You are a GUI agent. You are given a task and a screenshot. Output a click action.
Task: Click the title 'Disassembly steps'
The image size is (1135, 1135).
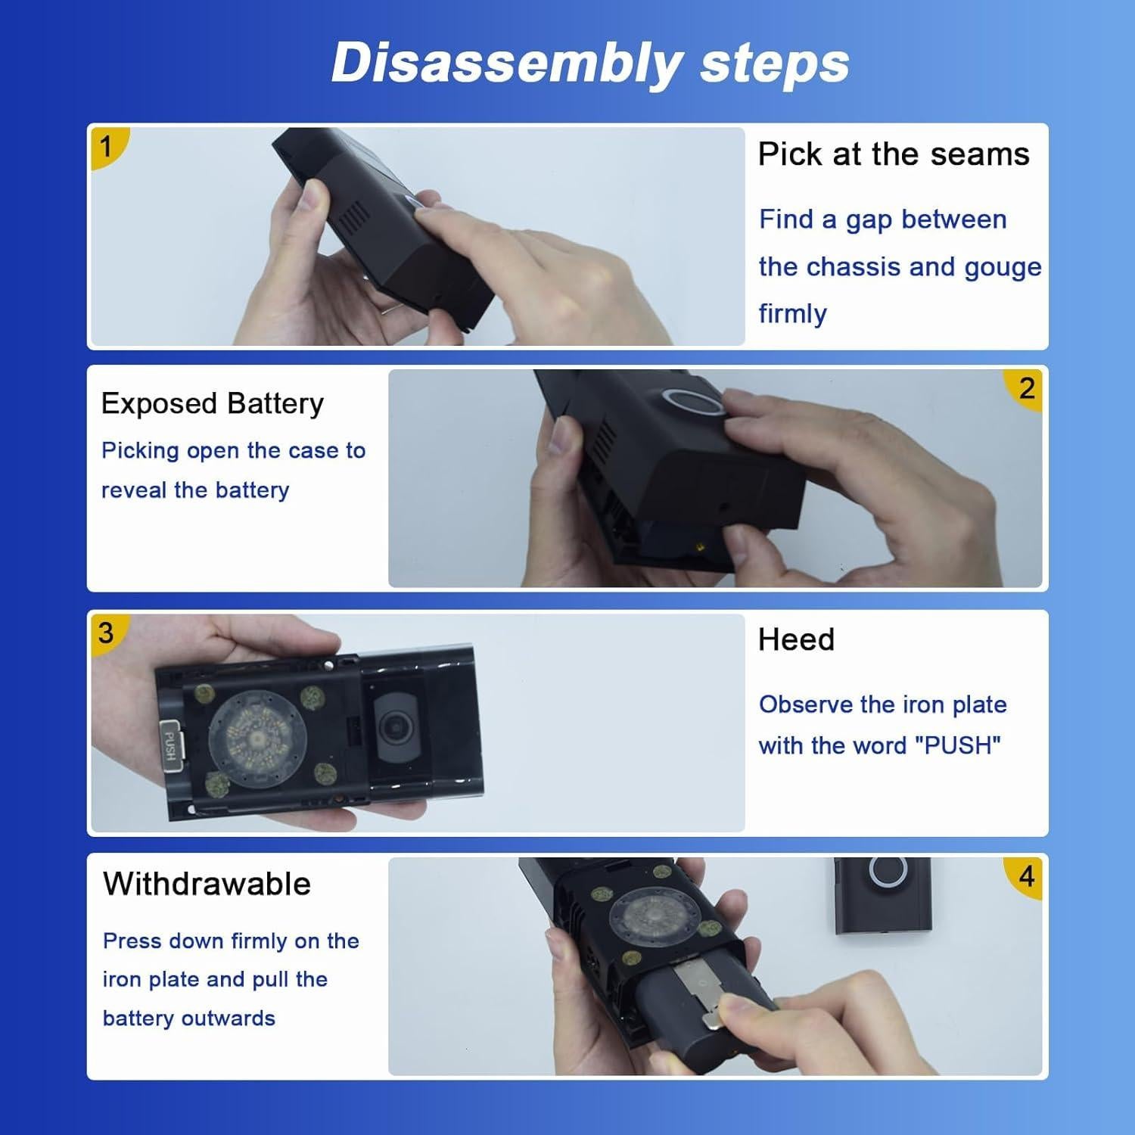tap(590, 64)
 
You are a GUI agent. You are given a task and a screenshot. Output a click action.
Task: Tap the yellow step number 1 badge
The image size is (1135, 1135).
tap(107, 146)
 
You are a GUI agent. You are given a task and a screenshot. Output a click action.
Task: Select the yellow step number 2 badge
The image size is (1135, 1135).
tap(1025, 389)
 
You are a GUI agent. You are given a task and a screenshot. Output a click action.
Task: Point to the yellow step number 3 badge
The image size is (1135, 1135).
tap(107, 633)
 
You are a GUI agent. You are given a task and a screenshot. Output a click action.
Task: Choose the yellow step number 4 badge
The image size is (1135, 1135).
tap(1025, 877)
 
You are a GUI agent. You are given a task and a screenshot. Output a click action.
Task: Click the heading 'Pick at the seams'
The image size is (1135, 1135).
tap(894, 154)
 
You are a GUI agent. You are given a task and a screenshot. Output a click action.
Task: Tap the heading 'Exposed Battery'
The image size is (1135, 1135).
tap(213, 404)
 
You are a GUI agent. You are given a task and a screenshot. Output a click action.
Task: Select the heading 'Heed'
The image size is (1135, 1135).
tap(796, 640)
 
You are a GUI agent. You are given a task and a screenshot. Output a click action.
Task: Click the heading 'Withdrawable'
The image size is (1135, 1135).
tap(207, 884)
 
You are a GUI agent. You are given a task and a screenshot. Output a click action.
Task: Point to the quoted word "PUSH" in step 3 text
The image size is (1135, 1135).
tap(958, 745)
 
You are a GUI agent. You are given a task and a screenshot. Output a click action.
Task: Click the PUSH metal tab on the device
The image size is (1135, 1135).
tap(170, 745)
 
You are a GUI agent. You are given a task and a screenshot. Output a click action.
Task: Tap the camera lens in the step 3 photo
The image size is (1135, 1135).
tap(394, 727)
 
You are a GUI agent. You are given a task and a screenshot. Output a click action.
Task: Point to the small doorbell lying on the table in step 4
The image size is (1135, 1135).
tap(884, 897)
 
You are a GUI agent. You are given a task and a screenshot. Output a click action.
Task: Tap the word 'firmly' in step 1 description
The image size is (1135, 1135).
tap(792, 314)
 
